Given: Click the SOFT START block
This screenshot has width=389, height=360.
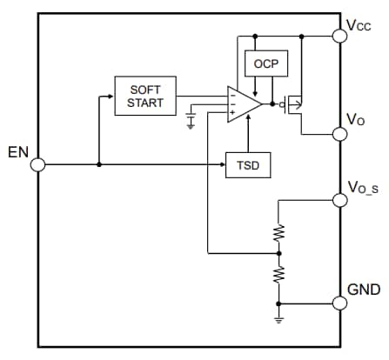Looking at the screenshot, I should pyautogui.click(x=144, y=96).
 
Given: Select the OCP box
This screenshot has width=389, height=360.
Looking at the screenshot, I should pyautogui.click(x=262, y=64).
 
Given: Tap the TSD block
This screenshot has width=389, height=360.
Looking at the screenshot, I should pyautogui.click(x=247, y=164).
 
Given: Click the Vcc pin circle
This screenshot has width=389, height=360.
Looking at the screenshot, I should pyautogui.click(x=339, y=37).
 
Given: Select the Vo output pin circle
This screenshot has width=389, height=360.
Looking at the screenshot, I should pyautogui.click(x=339, y=133).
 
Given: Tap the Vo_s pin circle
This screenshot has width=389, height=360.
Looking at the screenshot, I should pyautogui.click(x=339, y=200).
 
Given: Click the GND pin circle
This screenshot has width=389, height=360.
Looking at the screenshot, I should pyautogui.click(x=339, y=303).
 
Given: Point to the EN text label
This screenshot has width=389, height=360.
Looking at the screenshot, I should pyautogui.click(x=17, y=153).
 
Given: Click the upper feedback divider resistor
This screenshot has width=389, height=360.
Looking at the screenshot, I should pyautogui.click(x=278, y=232).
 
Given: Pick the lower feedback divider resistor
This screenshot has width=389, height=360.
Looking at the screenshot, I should pyautogui.click(x=278, y=275).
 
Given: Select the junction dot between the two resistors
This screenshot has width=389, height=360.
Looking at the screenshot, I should pyautogui.click(x=278, y=253).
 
